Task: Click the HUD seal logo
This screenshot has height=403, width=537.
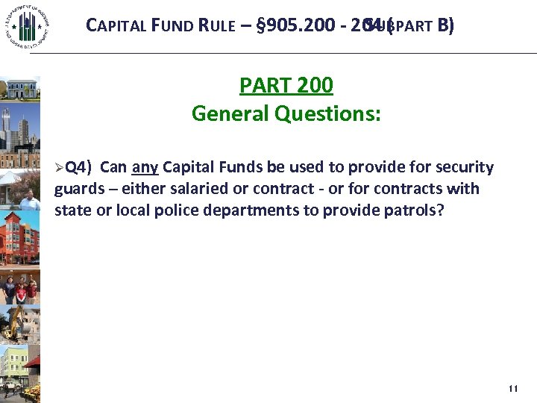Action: coord(28,28)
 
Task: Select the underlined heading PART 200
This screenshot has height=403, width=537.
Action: coord(286,86)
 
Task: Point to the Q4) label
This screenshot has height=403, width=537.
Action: coord(78,167)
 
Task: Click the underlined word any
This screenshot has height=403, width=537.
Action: coord(145,167)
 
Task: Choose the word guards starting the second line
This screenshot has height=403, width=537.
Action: coord(77,189)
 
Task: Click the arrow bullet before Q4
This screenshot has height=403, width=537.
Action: coord(59,167)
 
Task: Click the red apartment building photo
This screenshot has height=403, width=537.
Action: coord(20,232)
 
